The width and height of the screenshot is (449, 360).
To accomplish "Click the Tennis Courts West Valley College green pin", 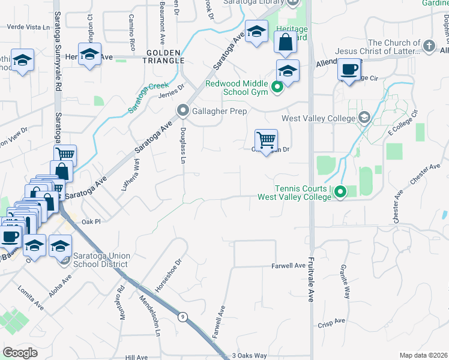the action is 340,193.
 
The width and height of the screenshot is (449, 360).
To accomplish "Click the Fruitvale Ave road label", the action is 311,280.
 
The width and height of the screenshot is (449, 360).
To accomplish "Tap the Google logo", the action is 20,352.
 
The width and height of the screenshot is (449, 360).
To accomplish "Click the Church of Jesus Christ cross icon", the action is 429,46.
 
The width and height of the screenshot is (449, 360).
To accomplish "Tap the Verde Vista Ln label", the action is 28,28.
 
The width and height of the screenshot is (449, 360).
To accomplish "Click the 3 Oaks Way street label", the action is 249,355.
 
